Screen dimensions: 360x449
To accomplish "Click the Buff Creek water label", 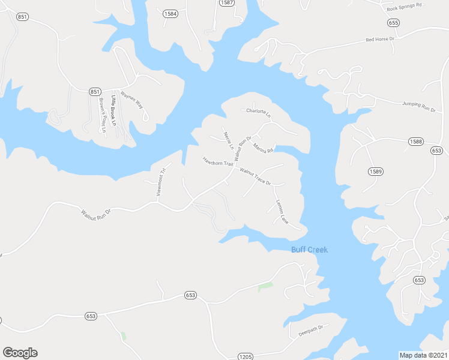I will click(310, 250).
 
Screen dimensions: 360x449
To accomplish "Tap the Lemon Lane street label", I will click(281, 212).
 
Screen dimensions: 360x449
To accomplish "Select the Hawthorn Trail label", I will click(217, 162).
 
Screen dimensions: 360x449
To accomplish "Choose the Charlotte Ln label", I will click(259, 112).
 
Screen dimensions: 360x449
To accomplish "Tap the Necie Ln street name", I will click(228, 140).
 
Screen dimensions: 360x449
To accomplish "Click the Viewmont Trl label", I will click(160, 182).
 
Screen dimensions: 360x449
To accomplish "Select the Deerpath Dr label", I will click(312, 328).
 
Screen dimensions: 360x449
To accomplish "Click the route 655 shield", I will click(393, 23).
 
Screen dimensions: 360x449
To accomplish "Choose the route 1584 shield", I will click(170, 13).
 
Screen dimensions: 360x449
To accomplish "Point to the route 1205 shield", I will click(245, 356).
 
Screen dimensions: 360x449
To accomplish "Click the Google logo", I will click(20, 352).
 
